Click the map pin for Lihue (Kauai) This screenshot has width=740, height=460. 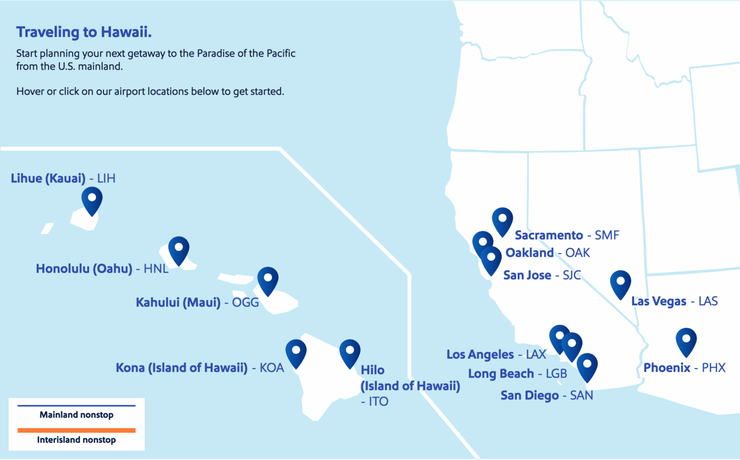click(x=92, y=199)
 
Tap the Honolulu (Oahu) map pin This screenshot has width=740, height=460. click(x=179, y=249)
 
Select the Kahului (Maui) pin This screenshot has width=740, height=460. click(x=268, y=279)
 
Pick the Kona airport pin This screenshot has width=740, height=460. click(x=296, y=352)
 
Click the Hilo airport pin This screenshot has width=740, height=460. click(x=350, y=352)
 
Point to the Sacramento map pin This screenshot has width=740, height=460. click(x=502, y=220)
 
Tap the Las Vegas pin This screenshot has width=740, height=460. click(x=621, y=283)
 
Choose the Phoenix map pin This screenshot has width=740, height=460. click(x=686, y=341)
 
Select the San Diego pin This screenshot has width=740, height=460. click(x=587, y=366)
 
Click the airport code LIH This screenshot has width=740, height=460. click(x=106, y=179)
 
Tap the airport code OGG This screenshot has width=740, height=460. click(x=245, y=302)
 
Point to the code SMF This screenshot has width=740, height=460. click(x=607, y=235)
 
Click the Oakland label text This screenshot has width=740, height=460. click(x=529, y=253)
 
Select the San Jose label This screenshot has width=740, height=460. click(x=527, y=275)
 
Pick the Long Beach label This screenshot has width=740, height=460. click(x=501, y=374)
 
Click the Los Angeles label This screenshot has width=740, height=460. click(x=480, y=355)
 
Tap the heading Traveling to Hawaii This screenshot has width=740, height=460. click(x=84, y=32)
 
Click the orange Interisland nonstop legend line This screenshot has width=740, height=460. click(x=77, y=430)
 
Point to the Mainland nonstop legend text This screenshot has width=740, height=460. click(x=77, y=415)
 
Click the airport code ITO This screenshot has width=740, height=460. click(x=378, y=401)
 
